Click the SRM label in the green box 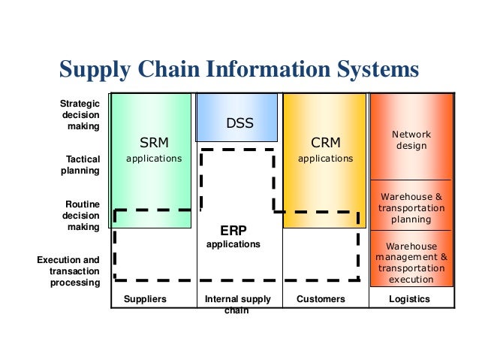[154, 143]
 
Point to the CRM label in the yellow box [326, 143]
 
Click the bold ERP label [233, 231]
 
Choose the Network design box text [411, 140]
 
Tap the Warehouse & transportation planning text [411, 208]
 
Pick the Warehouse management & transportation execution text [411, 262]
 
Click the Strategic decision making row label [80, 115]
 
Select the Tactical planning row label [80, 165]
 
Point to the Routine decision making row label [80, 215]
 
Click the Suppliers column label [146, 299]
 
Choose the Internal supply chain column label [237, 304]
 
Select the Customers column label [321, 299]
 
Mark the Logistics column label [410, 299]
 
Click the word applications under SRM [154, 159]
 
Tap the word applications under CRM [326, 159]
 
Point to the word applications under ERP [233, 244]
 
